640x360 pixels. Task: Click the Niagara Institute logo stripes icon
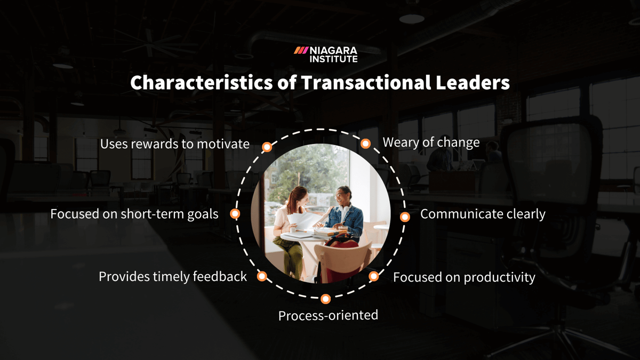pos(301,50)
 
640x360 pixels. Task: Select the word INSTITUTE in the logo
pos(333,59)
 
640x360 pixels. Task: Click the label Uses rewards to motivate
pos(175,144)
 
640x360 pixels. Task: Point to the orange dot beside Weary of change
pos(365,143)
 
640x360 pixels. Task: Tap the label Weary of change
pos(431,142)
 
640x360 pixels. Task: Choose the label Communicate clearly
pos(483,214)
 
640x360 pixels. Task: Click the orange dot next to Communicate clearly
pos(405,217)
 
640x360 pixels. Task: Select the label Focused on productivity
pos(464,277)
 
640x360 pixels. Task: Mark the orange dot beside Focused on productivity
pos(374,276)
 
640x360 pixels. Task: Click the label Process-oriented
pos(328,315)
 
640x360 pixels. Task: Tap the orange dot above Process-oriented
pos(326,299)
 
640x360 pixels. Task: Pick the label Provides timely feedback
pos(173,276)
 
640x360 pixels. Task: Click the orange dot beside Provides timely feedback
pos(262,276)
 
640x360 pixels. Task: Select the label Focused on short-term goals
pos(134,214)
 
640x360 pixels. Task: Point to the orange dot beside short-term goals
pos(235,213)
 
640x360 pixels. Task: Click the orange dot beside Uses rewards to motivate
pos(267,147)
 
